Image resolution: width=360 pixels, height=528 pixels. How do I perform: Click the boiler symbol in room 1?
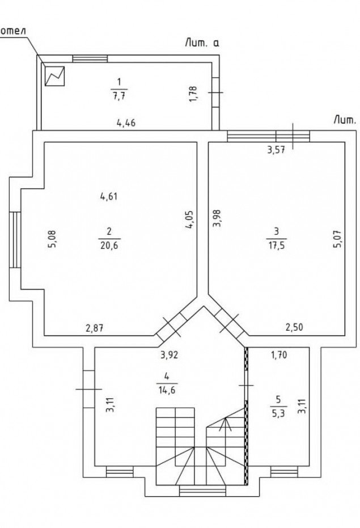pos(54,76)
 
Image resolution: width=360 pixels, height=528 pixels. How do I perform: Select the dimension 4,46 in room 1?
pos(126,123)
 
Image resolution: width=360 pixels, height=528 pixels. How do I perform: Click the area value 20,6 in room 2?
pos(109,245)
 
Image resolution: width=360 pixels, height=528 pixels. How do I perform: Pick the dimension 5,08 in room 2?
pos(53,239)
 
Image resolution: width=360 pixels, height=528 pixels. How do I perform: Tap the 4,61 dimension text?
pos(109,196)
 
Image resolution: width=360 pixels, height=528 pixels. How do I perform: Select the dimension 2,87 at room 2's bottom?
pos(94,328)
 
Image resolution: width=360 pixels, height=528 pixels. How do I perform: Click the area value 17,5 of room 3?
pos(277,245)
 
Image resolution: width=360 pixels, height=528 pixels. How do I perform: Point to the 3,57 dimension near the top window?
pos(276,150)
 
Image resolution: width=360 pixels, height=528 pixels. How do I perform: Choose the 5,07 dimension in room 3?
pos(337,239)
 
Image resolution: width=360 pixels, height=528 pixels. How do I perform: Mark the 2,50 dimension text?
pos(294,327)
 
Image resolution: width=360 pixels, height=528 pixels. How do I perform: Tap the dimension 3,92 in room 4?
pos(169,355)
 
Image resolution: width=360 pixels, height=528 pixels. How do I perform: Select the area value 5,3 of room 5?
pos(278,413)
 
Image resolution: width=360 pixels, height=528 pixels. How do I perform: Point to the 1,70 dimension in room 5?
pos(279,355)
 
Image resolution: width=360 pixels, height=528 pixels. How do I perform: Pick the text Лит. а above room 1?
pos(202,43)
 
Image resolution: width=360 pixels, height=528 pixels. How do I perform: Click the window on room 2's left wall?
pos(15,239)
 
